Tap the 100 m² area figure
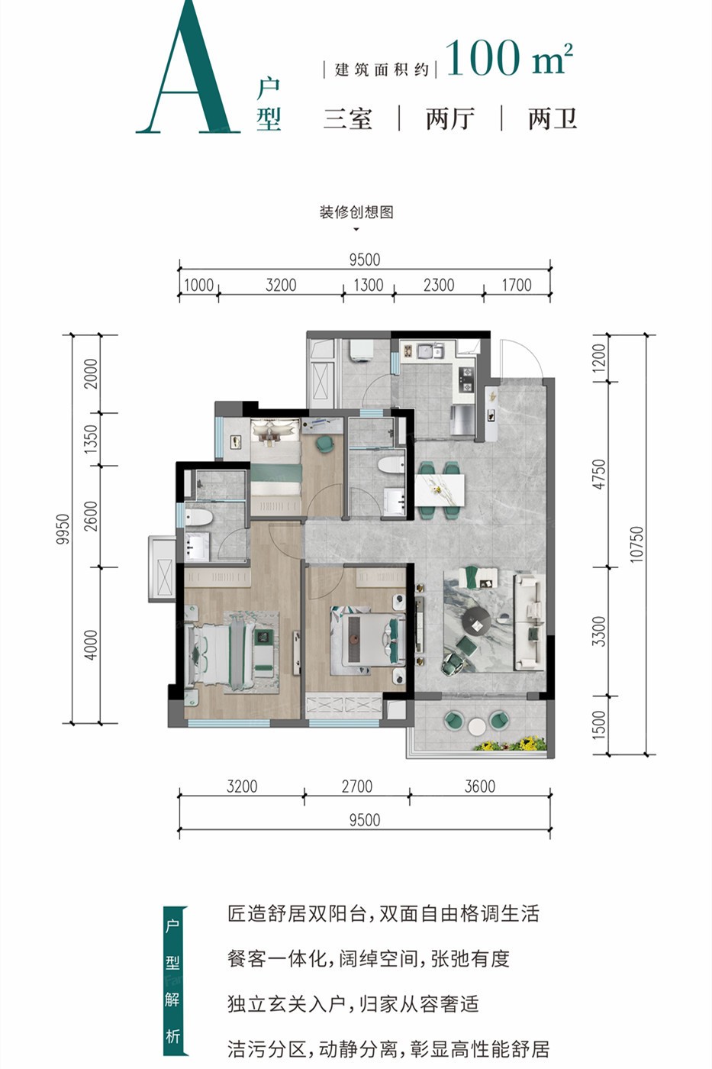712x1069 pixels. [509, 59]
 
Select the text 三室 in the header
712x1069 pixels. [348, 118]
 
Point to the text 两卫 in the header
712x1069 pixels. [553, 118]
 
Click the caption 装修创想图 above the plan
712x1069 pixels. [356, 212]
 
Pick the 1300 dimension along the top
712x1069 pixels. [368, 285]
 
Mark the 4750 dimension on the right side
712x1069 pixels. [600, 474]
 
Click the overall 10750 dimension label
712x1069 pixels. [636, 544]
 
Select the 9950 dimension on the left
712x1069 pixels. [63, 528]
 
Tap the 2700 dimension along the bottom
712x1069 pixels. [356, 786]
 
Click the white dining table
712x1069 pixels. [440, 490]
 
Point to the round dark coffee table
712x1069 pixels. [476, 622]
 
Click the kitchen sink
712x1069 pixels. [425, 351]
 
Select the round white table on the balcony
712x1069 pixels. [476, 726]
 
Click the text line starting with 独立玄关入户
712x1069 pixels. [353, 1004]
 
